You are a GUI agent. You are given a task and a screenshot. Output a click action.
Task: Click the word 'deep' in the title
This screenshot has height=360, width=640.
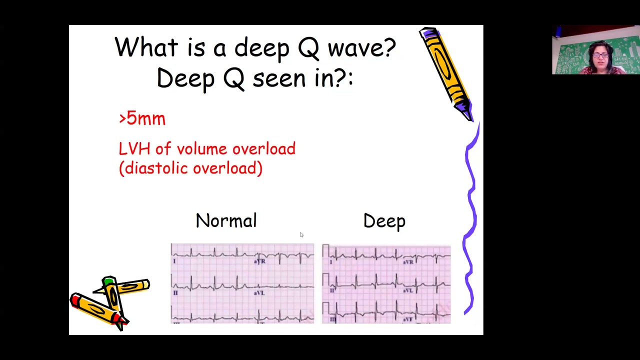pos(261,48)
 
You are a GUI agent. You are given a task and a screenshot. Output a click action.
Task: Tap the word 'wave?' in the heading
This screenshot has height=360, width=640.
pos(361,48)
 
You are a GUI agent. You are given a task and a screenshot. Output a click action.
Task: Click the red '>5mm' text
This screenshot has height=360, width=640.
pos(142,118)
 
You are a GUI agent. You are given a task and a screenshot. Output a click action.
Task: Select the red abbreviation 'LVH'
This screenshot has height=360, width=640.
pos(134,149)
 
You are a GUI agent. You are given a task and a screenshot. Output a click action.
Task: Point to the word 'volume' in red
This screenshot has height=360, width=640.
pos(202,149)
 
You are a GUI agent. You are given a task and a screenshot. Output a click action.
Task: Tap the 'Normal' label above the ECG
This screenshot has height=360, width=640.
pos(226,221)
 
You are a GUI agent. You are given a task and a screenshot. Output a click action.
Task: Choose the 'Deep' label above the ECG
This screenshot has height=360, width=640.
pos(384,221)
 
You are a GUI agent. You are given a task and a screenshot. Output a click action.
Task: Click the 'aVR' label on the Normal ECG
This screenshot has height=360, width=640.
pos(259,261)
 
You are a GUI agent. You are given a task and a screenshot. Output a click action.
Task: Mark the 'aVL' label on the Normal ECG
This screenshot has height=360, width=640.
pos(259,292)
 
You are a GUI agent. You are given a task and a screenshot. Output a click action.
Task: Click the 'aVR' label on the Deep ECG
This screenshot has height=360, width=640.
pos(408,261)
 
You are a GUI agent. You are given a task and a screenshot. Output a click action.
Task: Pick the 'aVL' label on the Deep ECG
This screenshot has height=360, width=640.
pos(408,290)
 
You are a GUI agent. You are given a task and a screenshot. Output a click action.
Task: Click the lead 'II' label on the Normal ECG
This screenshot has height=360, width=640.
pos(175,292)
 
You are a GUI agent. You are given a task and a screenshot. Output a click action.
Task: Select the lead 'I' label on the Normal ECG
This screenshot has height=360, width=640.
pos(174,261)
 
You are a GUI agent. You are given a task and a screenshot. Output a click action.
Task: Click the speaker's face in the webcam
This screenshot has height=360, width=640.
pos(600,55)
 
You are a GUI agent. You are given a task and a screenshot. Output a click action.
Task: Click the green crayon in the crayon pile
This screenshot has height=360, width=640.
pos(111,295)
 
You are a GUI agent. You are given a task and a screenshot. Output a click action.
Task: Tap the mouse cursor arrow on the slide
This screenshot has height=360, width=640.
pos(301,234)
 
